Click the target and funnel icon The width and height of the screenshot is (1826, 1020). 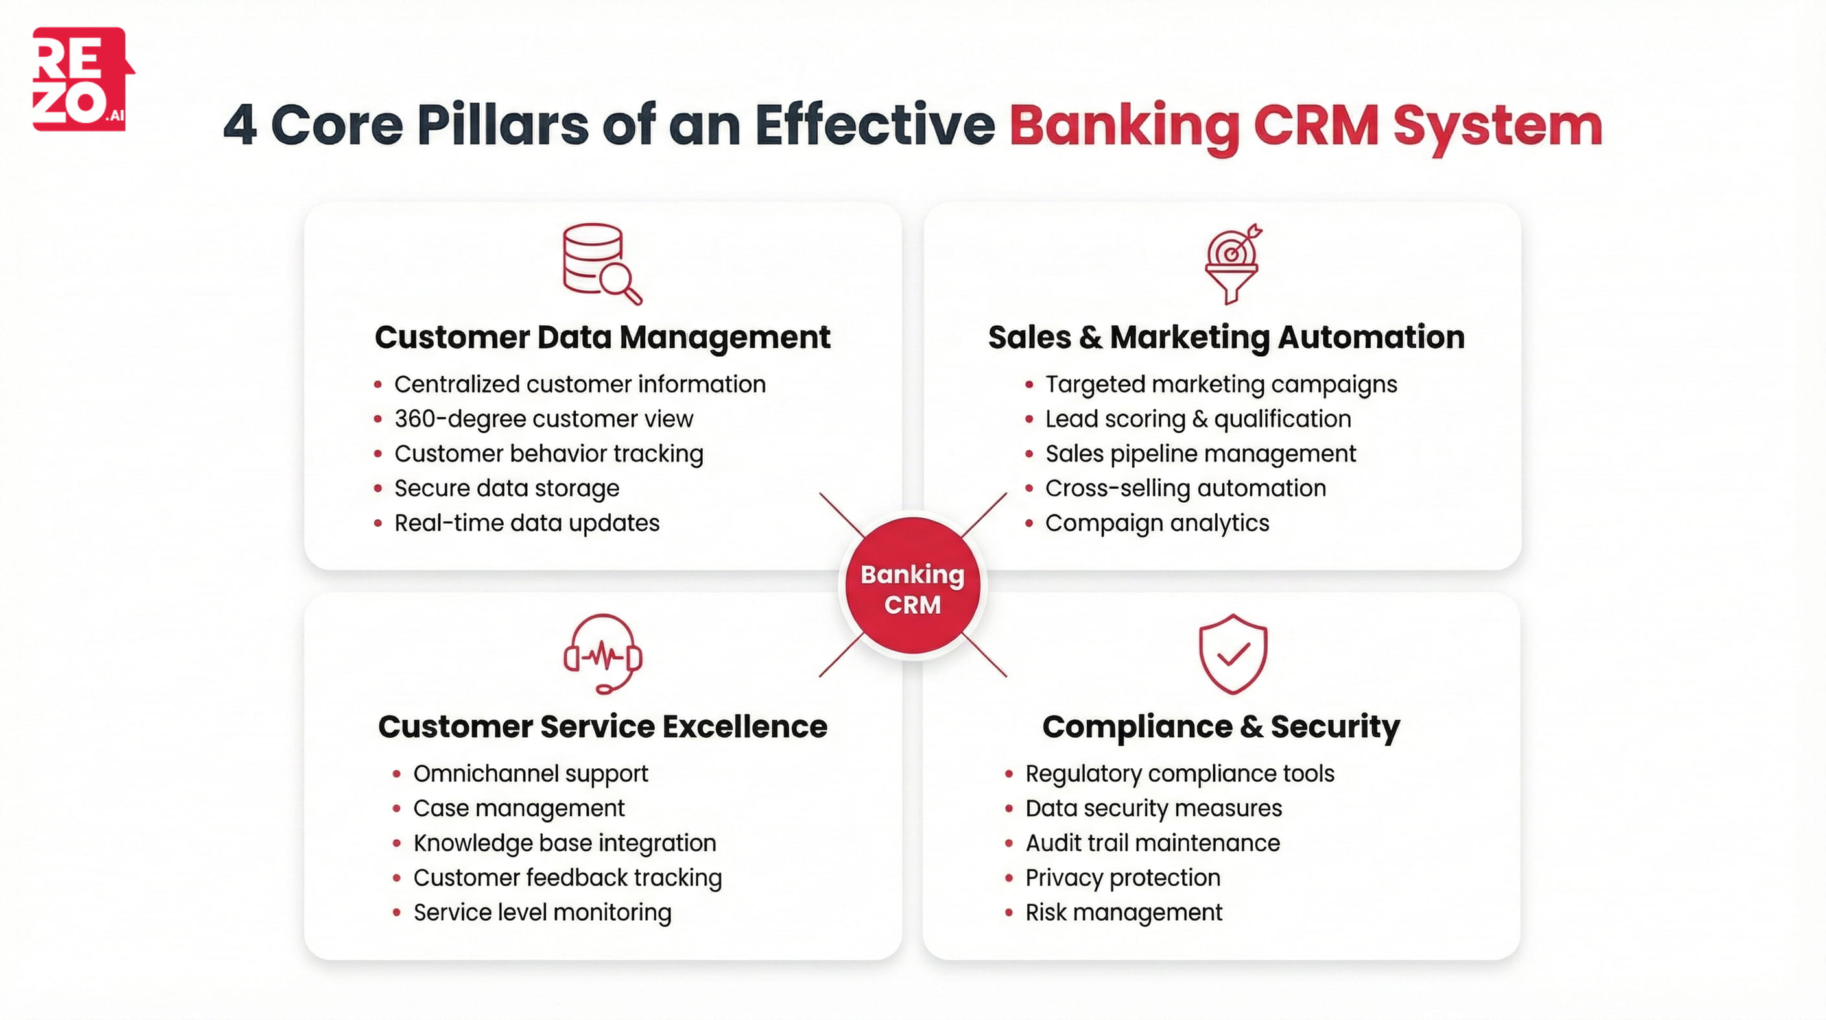(x=1233, y=264)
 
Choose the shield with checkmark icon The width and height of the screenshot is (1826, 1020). (x=1233, y=654)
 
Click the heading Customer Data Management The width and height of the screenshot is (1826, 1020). (x=602, y=337)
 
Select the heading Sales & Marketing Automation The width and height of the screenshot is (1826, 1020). (x=1226, y=337)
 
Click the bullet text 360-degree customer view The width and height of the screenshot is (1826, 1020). (x=543, y=419)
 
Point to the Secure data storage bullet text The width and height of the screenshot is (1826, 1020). (x=506, y=489)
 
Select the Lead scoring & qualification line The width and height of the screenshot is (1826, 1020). (x=1197, y=419)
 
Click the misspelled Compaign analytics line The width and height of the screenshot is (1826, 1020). (x=1156, y=524)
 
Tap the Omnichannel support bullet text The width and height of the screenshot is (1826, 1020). (x=530, y=774)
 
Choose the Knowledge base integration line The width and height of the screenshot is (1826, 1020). (x=564, y=844)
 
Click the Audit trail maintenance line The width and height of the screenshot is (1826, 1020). (x=1152, y=844)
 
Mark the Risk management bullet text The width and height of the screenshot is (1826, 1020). (x=1124, y=913)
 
